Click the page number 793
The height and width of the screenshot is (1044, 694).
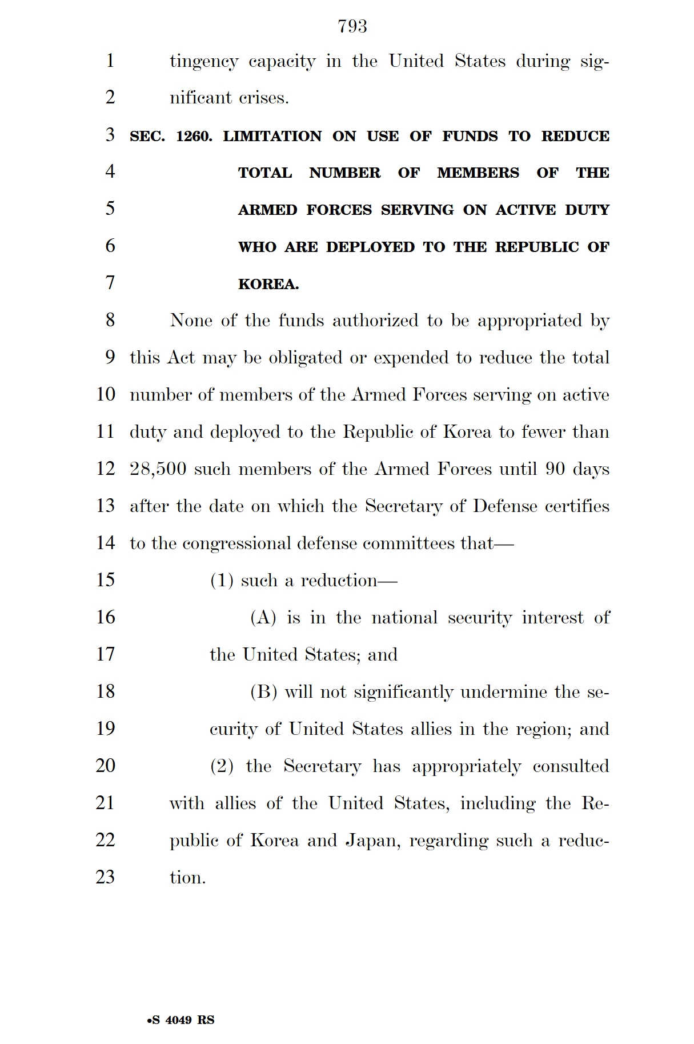pyautogui.click(x=352, y=26)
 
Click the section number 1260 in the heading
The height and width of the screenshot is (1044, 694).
pyautogui.click(x=194, y=137)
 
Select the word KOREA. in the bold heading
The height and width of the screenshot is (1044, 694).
pyautogui.click(x=268, y=285)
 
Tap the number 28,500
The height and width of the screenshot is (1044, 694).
pyautogui.click(x=158, y=469)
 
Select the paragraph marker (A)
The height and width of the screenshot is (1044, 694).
pyautogui.click(x=263, y=618)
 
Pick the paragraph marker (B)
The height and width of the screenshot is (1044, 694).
pyautogui.click(x=263, y=692)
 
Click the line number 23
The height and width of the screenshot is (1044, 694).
pyautogui.click(x=106, y=877)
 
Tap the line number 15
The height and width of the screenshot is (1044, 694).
pyautogui.click(x=106, y=580)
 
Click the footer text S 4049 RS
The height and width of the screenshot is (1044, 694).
pyautogui.click(x=181, y=1020)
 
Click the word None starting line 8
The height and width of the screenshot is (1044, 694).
pyautogui.click(x=191, y=321)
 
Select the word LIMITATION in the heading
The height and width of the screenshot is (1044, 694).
pyautogui.click(x=272, y=137)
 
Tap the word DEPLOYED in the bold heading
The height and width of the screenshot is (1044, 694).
pyautogui.click(x=370, y=247)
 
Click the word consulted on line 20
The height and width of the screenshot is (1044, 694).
pyautogui.click(x=571, y=766)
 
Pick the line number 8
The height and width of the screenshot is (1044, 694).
pyautogui.click(x=110, y=320)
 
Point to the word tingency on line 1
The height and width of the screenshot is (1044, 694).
pyautogui.click(x=204, y=62)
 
